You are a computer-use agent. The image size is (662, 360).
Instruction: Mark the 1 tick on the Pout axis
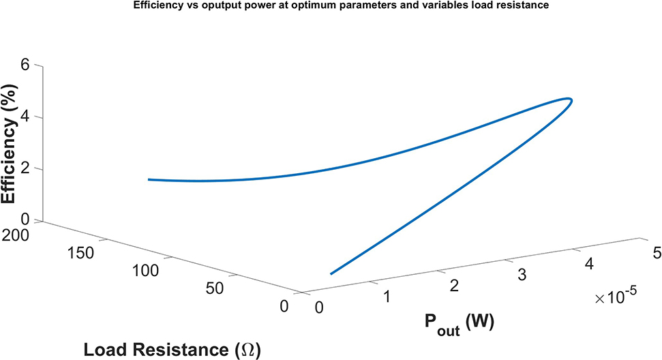pos(386,297)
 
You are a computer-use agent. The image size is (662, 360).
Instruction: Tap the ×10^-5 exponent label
pos(616,295)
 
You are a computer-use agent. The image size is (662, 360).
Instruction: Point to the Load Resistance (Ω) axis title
pos(172,350)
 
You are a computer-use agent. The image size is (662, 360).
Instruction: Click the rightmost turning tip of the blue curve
pos(571,101)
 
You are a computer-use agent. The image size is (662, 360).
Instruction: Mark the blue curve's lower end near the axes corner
pos(331,273)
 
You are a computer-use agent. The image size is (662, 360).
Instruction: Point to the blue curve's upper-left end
pos(149,179)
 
